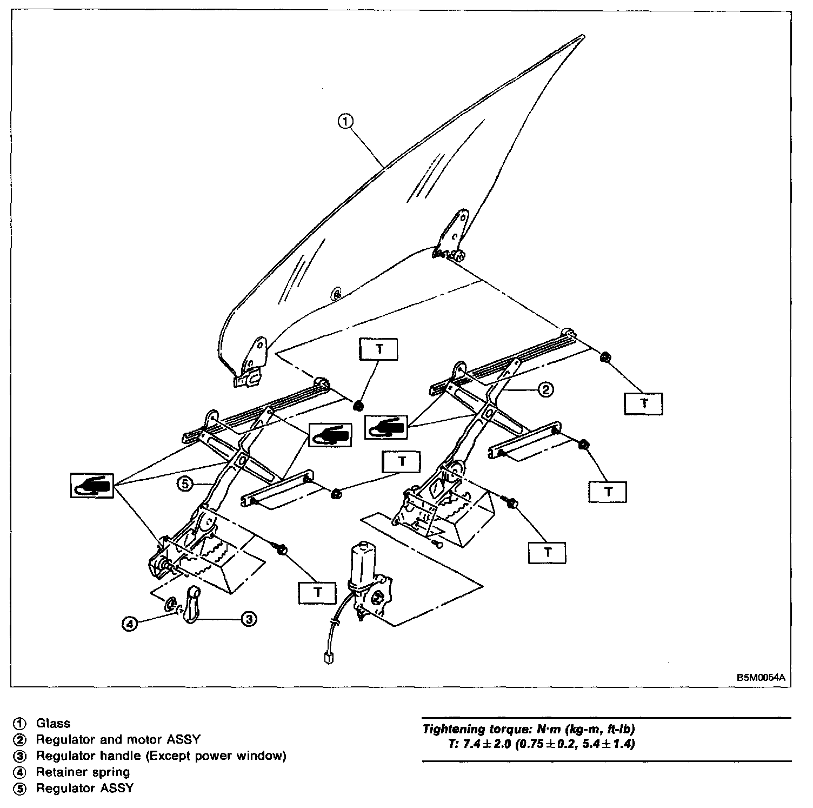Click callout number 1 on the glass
tap(345, 121)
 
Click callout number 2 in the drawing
tap(545, 389)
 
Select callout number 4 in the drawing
tap(129, 624)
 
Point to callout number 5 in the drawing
tap(184, 484)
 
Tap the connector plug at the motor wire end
tap(326, 658)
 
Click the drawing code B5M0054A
tap(759, 677)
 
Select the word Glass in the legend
tap(53, 723)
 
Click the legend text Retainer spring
tap(83, 772)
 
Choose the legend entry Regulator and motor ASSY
tap(118, 739)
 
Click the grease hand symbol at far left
tap(92, 485)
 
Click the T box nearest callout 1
tap(379, 349)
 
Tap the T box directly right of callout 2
tap(643, 403)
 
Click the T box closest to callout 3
tap(318, 593)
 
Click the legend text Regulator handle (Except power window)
tap(161, 756)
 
